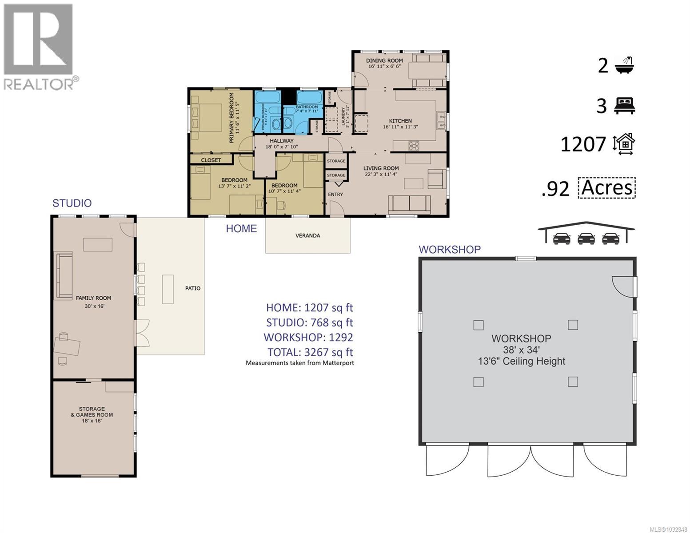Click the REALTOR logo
39,46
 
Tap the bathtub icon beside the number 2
624,65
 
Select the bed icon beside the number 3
625,106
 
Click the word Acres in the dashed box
607,187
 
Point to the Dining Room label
384,61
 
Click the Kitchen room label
400,121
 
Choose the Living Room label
381,168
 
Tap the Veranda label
307,235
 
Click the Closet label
211,160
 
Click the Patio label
192,288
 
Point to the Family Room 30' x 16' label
93,302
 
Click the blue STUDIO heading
72,203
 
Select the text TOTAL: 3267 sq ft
310,352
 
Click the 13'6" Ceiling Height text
521,361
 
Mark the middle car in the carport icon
586,239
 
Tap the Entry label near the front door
335,194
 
